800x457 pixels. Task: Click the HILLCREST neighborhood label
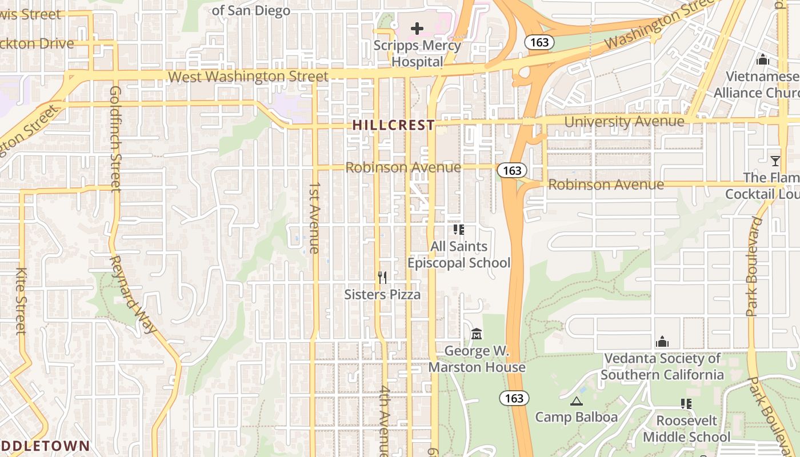[393, 125]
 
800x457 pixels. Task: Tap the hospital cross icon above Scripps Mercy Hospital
[417, 28]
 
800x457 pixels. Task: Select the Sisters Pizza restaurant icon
[382, 278]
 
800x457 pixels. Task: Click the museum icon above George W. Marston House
[477, 333]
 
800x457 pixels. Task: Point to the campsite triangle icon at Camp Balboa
[576, 401]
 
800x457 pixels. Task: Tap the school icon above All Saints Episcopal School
[458, 230]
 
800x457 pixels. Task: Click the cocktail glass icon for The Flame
[775, 161]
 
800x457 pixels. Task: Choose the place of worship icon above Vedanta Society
[662, 342]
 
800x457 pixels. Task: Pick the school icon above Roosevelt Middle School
[686, 404]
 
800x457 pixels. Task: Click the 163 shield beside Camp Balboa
[514, 398]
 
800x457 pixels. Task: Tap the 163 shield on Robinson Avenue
[512, 170]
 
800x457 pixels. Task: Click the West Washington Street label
[249, 77]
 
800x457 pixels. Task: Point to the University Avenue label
[624, 122]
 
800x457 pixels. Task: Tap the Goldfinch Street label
[115, 138]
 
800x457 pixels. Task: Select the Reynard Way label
[133, 294]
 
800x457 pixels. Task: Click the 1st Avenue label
[314, 218]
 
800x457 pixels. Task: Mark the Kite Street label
[21, 301]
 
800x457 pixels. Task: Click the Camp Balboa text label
[576, 417]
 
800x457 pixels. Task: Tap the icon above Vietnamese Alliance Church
[762, 59]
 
